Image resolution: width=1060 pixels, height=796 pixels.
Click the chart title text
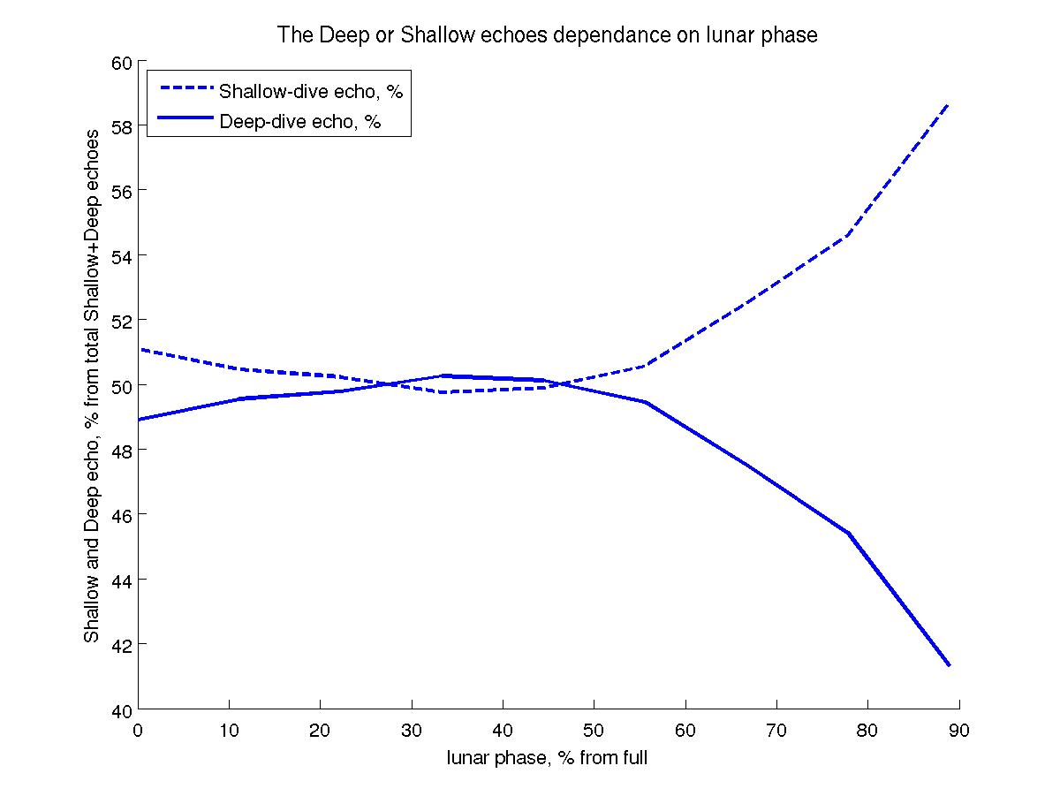[x=548, y=35]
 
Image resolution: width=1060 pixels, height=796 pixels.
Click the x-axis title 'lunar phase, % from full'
[x=548, y=758]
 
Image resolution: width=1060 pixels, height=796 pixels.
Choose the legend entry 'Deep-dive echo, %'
[x=299, y=121]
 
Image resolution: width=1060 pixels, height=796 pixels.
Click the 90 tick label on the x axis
[x=959, y=731]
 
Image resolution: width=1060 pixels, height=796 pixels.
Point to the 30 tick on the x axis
[x=412, y=731]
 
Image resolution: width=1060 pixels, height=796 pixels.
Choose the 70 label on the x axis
[x=776, y=731]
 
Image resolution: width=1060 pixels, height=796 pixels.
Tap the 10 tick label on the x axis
[x=229, y=731]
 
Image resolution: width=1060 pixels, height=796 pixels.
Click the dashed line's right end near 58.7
[x=949, y=103]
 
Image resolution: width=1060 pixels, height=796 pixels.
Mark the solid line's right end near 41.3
[x=949, y=665]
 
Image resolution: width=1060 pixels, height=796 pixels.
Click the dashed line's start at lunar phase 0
[x=139, y=350]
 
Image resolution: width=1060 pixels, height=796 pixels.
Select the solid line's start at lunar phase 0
[x=139, y=420]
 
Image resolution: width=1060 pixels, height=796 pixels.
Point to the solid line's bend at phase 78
[x=848, y=534]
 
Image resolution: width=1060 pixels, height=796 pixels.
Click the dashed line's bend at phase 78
[x=848, y=235]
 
